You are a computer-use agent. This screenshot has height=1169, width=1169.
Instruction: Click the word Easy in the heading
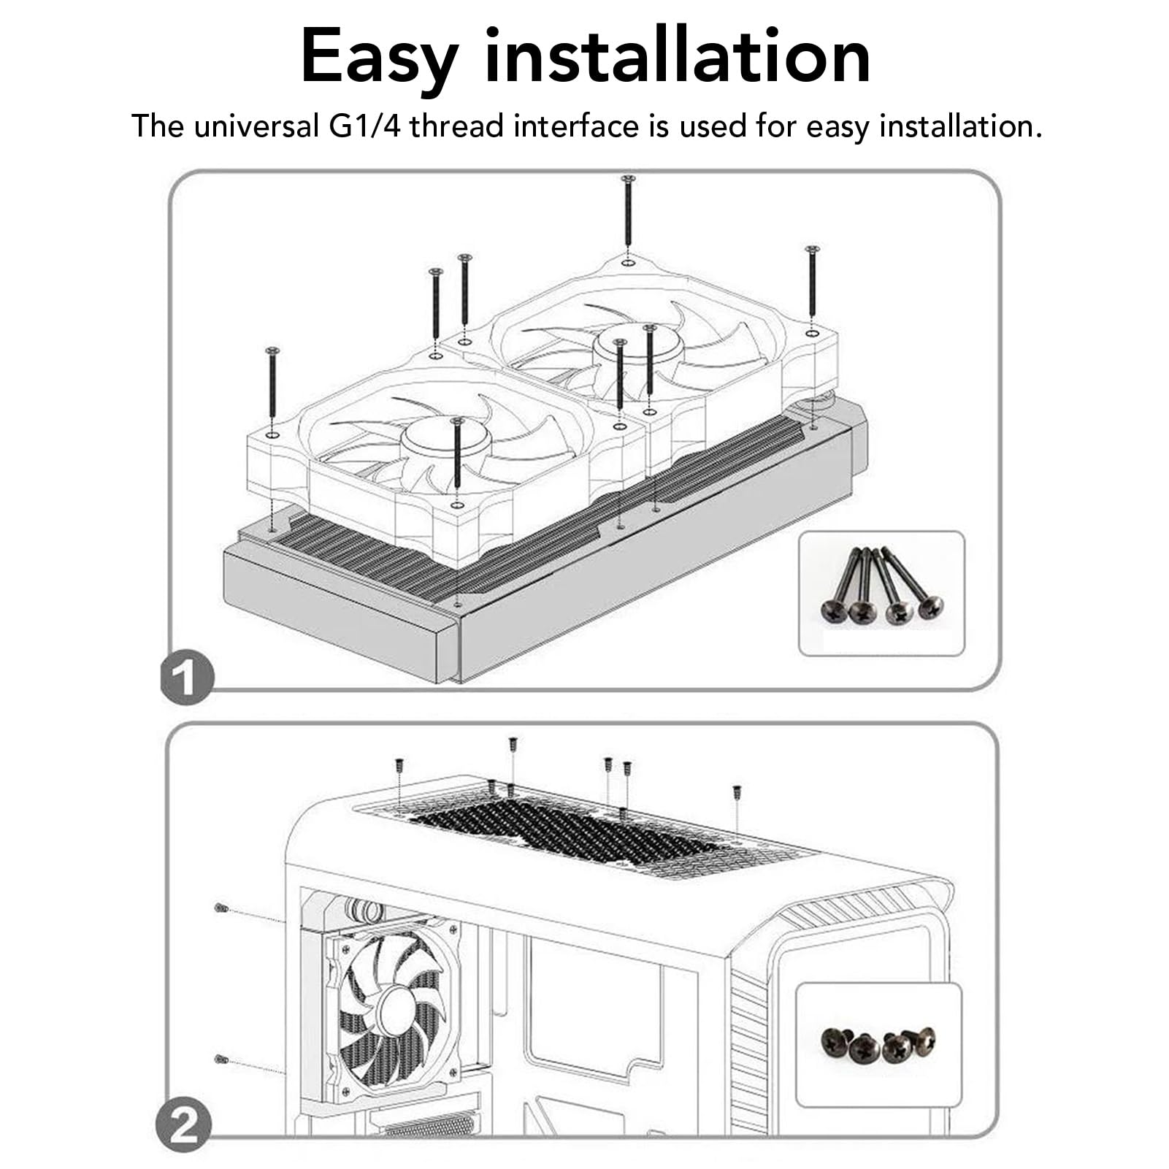(x=380, y=57)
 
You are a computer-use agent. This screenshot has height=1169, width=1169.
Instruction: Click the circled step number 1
(x=187, y=676)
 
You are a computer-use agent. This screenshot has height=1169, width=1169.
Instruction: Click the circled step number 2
(x=184, y=1126)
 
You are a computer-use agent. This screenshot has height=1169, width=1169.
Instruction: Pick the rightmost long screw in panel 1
(x=812, y=280)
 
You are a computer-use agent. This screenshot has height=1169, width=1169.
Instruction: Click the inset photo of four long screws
(x=881, y=593)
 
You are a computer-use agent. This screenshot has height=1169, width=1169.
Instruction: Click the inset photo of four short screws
(x=878, y=1045)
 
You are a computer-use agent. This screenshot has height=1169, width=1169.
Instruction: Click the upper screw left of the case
(x=221, y=908)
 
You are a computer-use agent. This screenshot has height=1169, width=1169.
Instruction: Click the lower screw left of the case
(x=221, y=1059)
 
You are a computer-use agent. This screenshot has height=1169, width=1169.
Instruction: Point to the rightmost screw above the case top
(x=737, y=793)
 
